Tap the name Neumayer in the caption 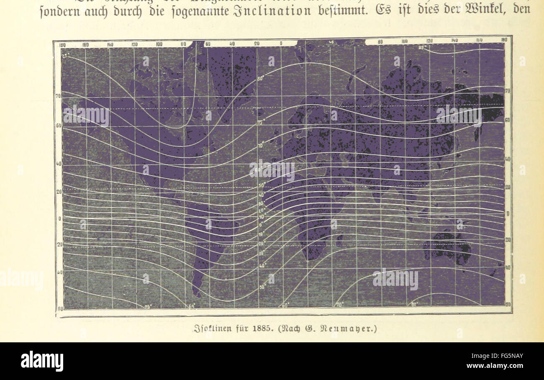(355, 329)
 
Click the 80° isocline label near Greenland (260, 78)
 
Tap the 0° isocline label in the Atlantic (261, 224)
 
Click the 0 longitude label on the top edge (281, 43)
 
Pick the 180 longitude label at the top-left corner (62, 45)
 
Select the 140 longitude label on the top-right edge (454, 41)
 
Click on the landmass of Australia (448, 247)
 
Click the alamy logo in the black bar (42, 361)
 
